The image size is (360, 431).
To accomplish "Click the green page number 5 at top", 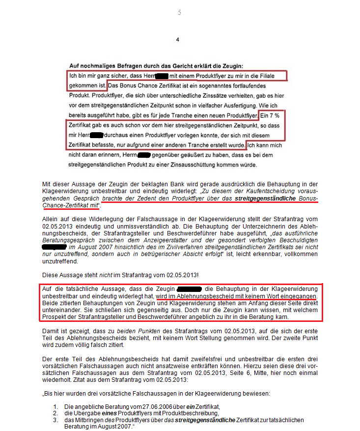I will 179,12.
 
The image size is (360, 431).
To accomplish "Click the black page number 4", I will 178,40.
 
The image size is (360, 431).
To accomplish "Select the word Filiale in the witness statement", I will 273,76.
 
